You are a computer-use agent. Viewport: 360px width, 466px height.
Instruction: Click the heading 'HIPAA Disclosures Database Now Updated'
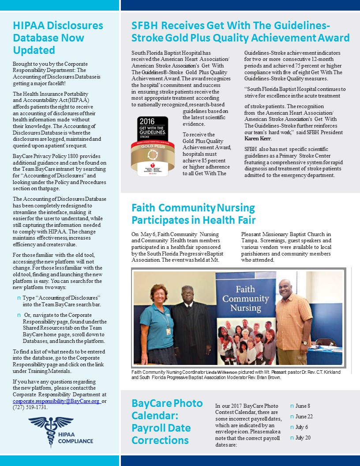(58, 38)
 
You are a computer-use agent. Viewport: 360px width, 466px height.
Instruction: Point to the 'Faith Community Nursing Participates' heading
(194, 214)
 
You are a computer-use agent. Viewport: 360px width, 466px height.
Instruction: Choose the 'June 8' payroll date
(303, 406)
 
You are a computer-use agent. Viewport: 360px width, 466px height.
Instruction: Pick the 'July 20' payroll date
(303, 438)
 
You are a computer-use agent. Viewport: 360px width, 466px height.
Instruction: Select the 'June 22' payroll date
(304, 417)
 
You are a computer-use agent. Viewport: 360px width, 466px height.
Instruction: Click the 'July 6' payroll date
(302, 427)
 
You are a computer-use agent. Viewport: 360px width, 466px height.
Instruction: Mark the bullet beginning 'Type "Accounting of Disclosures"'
(61, 301)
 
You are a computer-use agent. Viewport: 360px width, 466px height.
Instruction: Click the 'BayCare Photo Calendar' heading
(167, 421)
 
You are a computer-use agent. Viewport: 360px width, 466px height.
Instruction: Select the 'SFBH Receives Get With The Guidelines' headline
(240, 31)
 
